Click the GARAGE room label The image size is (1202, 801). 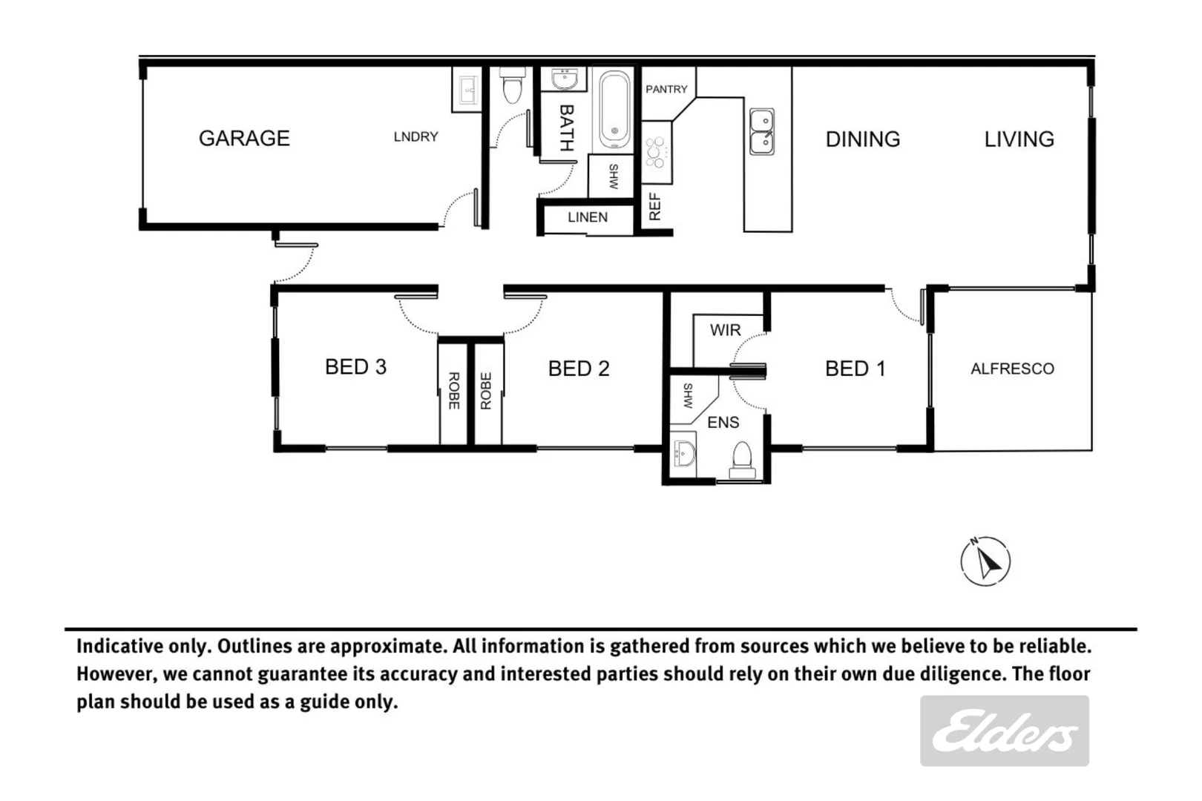[244, 138]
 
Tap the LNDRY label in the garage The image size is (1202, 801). [416, 136]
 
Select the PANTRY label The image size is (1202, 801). [666, 89]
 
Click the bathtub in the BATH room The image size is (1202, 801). [614, 110]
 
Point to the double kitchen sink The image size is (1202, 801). [761, 131]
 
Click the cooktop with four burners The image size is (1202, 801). [656, 152]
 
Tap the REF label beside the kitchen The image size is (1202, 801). [654, 207]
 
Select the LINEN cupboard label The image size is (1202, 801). [588, 217]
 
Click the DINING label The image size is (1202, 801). [863, 139]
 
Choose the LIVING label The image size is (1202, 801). [1019, 139]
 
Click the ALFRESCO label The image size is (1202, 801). [1012, 369]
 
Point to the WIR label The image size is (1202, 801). [725, 330]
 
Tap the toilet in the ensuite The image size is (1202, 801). [742, 460]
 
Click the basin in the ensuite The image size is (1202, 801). [684, 452]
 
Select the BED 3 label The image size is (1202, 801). [355, 366]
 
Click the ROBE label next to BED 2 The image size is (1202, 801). [486, 391]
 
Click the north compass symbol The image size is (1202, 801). [985, 561]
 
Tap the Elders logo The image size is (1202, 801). [1004, 731]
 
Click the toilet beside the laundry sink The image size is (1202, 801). [512, 86]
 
